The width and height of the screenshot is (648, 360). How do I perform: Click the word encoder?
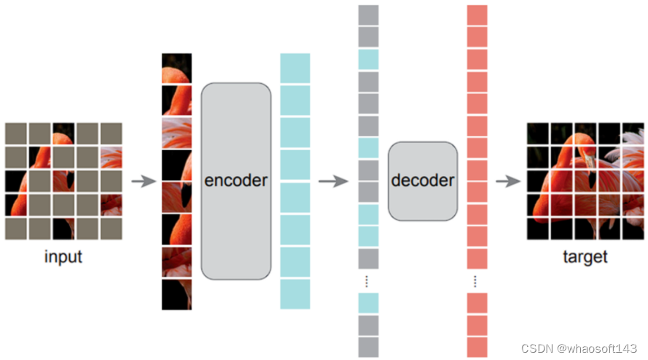[x=236, y=181]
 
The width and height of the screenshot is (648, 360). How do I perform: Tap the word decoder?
[x=423, y=180]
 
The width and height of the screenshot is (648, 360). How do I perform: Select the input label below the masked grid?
[x=63, y=257]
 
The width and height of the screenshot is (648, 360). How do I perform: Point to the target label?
[x=585, y=257]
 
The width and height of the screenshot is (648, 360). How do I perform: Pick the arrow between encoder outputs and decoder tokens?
[x=332, y=181]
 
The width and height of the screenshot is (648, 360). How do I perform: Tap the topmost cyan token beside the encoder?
[x=294, y=68]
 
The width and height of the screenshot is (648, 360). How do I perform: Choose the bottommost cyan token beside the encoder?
[x=294, y=294]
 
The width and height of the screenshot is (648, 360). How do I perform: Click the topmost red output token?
[x=477, y=15]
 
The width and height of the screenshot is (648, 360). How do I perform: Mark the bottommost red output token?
[x=477, y=347]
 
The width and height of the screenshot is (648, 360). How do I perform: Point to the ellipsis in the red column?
[x=477, y=280]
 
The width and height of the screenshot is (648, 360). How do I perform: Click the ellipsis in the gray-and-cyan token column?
[x=369, y=280]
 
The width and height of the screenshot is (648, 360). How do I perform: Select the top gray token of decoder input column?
[x=369, y=15]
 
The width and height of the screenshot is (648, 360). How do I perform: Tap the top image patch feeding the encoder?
[x=176, y=67]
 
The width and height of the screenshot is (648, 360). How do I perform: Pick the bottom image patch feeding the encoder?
[x=176, y=294]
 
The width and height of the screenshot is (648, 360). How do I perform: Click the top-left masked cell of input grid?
[x=15, y=133]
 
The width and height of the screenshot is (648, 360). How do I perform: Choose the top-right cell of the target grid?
[x=632, y=133]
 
